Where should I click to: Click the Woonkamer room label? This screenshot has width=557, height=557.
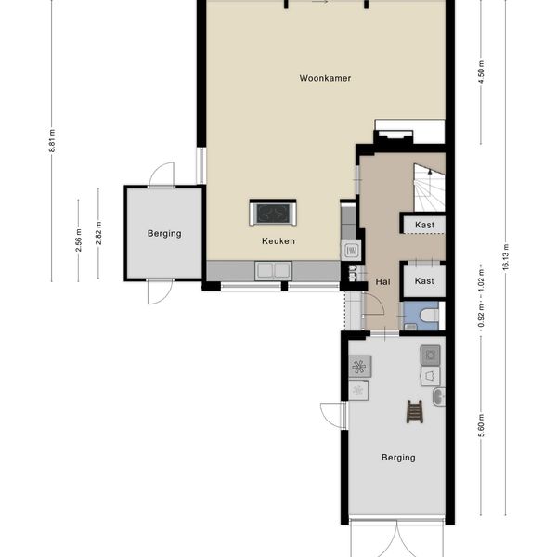pos(325,78)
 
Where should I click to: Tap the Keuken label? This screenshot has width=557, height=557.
pos(278,241)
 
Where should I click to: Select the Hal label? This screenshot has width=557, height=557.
pos(382,282)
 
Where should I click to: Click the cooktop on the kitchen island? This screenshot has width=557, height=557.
pos(273,214)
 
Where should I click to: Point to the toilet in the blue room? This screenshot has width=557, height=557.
pos(429,315)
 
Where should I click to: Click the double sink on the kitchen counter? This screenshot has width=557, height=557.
pos(273,270)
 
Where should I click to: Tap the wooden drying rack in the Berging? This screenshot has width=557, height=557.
pos(415,411)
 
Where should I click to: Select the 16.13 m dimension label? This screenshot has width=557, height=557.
pos(506,257)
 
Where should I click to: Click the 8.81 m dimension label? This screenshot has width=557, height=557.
pos(52,141)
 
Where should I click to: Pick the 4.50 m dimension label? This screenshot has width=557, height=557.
pos(481,72)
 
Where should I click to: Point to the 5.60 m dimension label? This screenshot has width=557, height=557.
pos(481,425)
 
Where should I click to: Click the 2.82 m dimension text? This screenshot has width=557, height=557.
pos(98,233)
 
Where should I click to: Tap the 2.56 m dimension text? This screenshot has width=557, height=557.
pos(79,240)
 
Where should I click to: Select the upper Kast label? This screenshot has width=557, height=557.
pos(425,225)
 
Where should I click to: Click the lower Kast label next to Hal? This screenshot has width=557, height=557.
pos(424,281)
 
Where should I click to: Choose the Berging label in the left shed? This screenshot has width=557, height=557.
pos(164,234)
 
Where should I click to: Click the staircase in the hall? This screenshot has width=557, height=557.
pos(429,188)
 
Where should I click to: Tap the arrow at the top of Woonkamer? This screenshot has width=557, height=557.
pos(320,2)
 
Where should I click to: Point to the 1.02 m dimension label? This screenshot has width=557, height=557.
pos(481,279)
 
